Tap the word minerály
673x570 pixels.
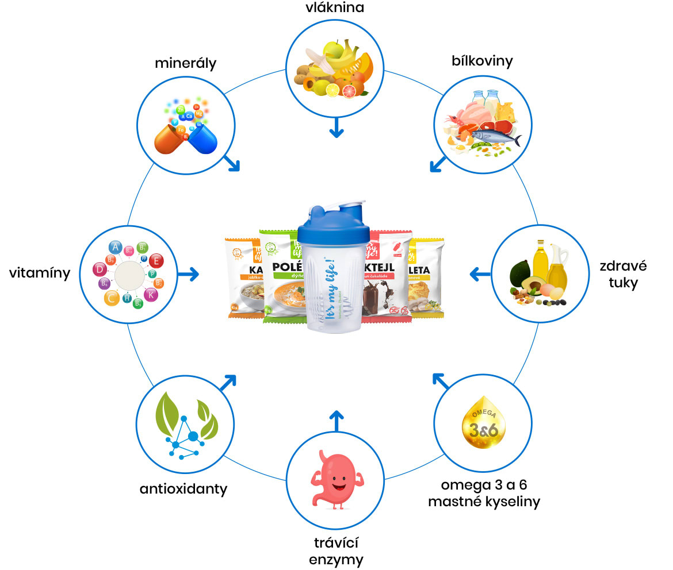click(185, 63)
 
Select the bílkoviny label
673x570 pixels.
click(481, 60)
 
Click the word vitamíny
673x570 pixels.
click(40, 273)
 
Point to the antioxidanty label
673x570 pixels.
click(183, 489)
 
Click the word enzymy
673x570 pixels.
click(336, 559)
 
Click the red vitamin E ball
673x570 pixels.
click(155, 261)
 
